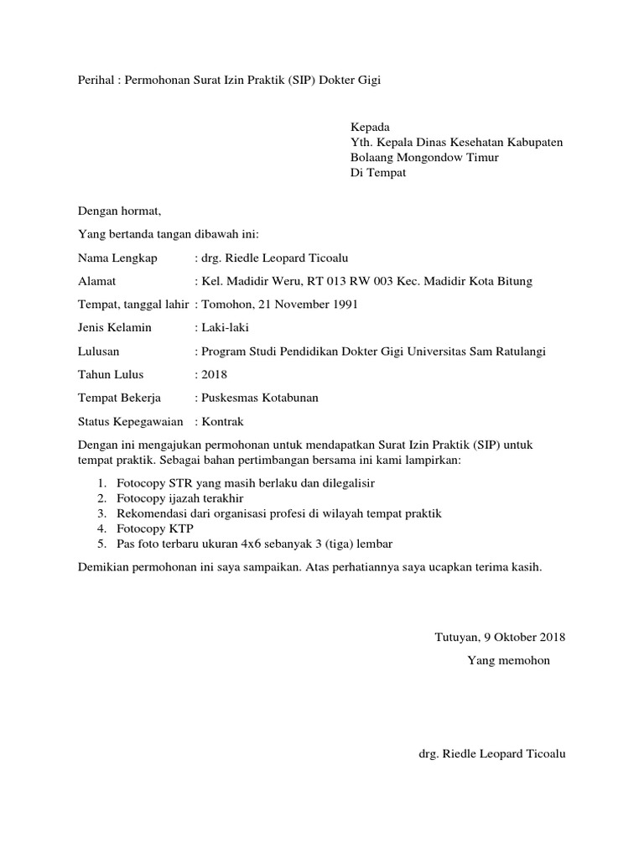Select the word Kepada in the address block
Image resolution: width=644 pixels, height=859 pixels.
pos(370,127)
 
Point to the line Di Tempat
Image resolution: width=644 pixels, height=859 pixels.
pos(378,173)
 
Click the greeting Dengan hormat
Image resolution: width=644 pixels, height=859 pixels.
pos(118,211)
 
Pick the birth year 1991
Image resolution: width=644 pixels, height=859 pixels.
pos(342,305)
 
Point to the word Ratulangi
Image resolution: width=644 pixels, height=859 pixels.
pos(519,351)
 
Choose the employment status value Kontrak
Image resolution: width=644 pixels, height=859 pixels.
pos(222,421)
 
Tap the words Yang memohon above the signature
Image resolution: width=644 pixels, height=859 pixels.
pos(508,660)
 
